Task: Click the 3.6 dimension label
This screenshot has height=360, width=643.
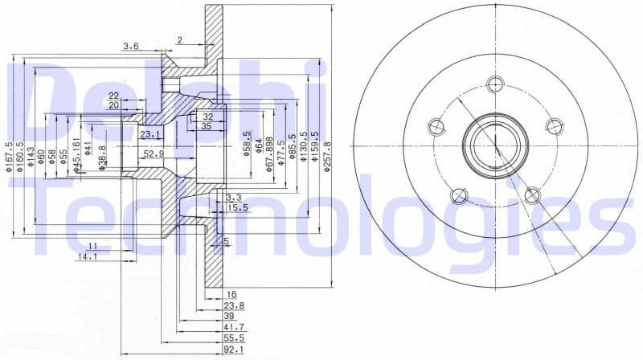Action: click(x=130, y=47)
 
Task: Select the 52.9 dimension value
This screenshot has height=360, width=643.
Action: click(x=154, y=153)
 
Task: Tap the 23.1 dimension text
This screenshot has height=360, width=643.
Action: click(x=150, y=134)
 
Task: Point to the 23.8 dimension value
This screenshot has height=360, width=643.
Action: click(x=234, y=306)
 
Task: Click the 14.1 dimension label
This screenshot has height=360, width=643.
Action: click(x=88, y=257)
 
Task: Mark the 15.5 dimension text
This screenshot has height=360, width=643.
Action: click(x=237, y=208)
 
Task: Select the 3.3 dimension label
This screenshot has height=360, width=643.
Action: click(x=234, y=197)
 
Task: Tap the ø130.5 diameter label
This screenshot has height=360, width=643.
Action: click(x=304, y=147)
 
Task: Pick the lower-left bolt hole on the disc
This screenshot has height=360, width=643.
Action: click(x=458, y=194)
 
